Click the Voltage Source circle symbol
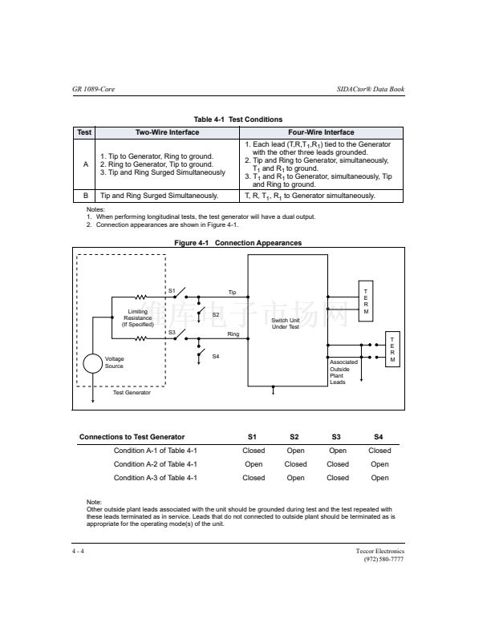[x=94, y=363]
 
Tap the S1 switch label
[x=171, y=289]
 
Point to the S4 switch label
[x=216, y=356]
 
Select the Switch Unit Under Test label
[x=285, y=324]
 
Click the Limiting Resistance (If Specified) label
[x=137, y=318]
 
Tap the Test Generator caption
[x=132, y=392]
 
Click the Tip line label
[x=232, y=292]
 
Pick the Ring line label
[x=233, y=333]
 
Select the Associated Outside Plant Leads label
[x=343, y=372]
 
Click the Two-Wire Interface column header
[x=167, y=132]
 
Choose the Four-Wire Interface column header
[x=320, y=132]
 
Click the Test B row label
[x=85, y=195]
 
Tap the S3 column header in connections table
[x=338, y=437]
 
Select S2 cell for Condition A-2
[x=295, y=463]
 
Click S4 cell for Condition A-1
[x=379, y=451]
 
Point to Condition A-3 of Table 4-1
[x=156, y=478]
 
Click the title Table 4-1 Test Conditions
[x=242, y=119]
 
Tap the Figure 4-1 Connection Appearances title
[x=238, y=243]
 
